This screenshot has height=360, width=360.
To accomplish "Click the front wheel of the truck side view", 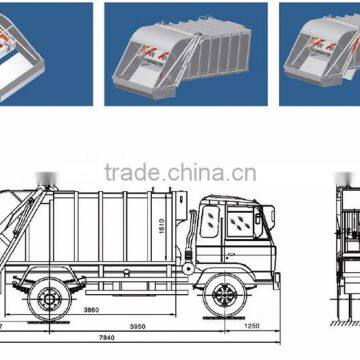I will pyautogui.click(x=221, y=297).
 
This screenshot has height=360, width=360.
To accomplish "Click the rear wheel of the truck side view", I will pyautogui.click(x=46, y=297).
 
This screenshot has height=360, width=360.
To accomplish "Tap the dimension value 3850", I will pyautogui.click(x=93, y=311).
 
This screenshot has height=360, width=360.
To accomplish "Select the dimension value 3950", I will pyautogui.click(x=148, y=326).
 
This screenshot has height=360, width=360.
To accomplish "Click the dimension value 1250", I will pyautogui.click(x=252, y=326).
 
